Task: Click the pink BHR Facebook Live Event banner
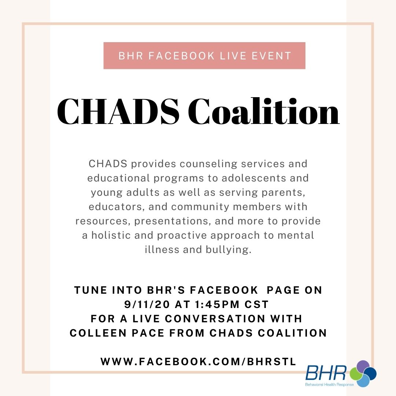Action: [204, 56]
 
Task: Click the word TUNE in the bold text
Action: [89, 290]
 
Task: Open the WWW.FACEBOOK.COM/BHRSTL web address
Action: [198, 362]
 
